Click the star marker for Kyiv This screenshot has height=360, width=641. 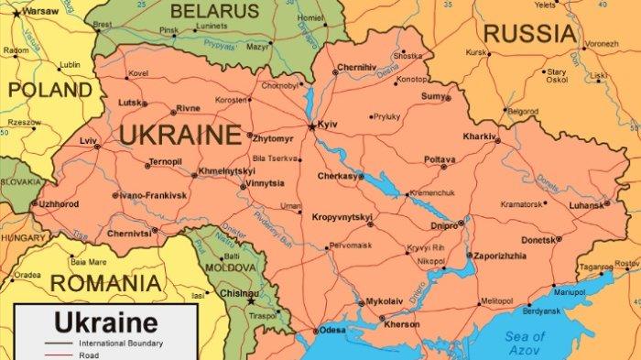(x=312, y=126)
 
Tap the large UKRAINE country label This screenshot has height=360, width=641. (x=179, y=136)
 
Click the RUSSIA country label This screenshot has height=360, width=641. (x=530, y=35)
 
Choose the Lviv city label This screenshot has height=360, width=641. (x=88, y=141)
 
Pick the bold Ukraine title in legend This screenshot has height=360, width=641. (x=105, y=322)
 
